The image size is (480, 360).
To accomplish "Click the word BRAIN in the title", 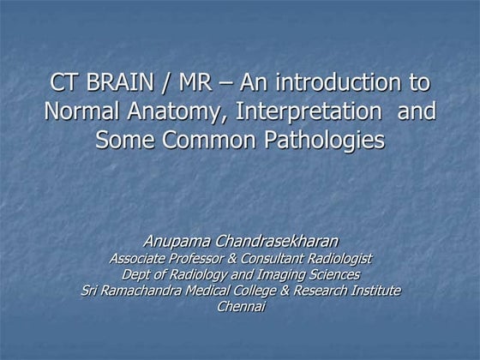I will [123, 85].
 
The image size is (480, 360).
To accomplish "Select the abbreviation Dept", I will [138, 275].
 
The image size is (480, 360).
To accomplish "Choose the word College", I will [254, 291].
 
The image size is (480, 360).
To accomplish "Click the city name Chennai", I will [241, 308].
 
